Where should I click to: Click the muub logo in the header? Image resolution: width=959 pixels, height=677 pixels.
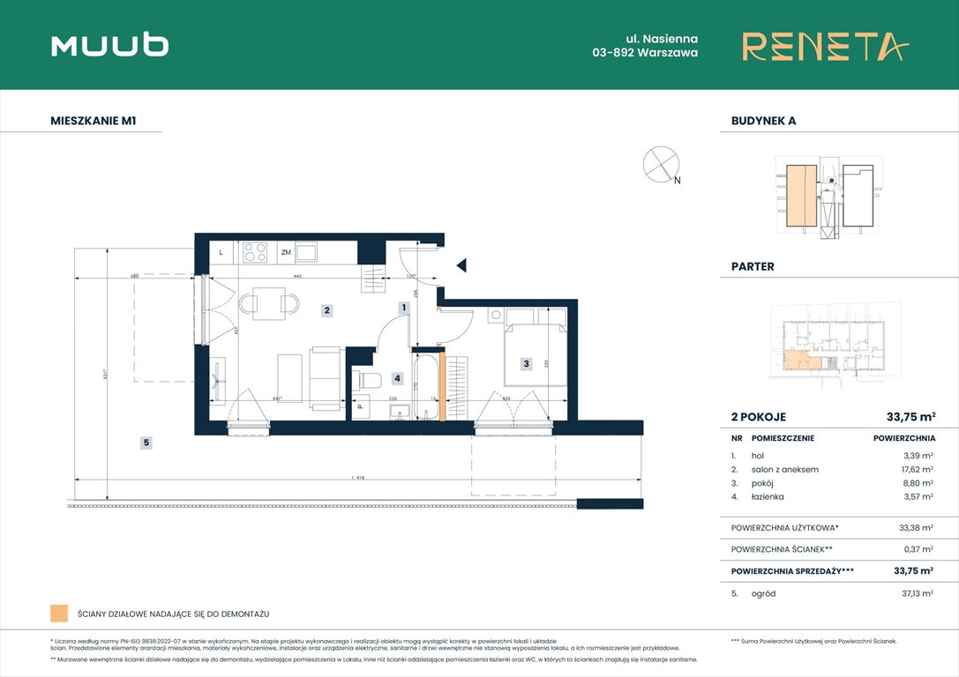[110, 45]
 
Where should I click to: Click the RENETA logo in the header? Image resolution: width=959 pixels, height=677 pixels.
[824, 46]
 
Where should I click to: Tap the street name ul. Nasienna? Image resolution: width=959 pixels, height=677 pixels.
[645, 38]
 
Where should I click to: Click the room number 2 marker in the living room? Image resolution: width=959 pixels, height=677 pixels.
[326, 310]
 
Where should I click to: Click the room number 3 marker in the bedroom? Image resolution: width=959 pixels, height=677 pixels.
[526, 363]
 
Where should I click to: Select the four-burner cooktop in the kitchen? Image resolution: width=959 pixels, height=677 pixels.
[256, 253]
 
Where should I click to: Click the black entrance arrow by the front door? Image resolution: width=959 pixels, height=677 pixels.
[461, 264]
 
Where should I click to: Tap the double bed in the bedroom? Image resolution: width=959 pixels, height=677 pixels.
[534, 347]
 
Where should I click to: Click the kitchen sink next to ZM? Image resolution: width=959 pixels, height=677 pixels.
[307, 253]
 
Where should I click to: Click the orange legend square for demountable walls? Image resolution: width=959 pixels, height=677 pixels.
[59, 614]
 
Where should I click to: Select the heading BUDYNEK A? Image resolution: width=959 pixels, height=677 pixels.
[763, 121]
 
